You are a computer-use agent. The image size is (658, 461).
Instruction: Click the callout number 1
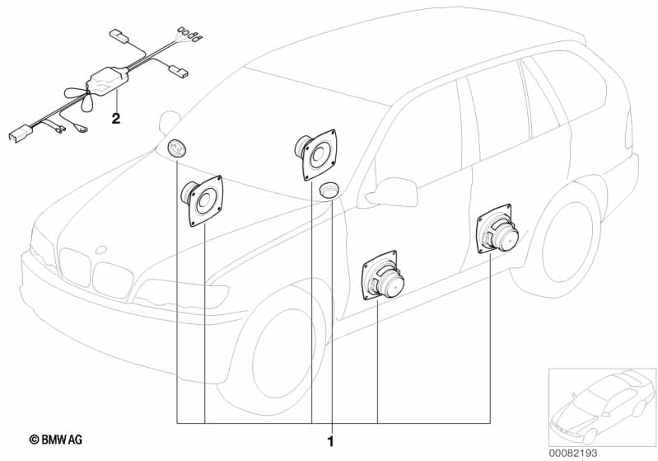coord(331,442)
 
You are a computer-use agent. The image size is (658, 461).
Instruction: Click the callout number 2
coord(116,119)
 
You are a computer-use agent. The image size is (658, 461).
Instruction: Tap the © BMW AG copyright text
coord(56,440)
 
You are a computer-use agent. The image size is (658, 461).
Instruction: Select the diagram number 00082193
coord(573,453)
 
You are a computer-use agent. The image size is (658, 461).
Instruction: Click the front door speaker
coord(382,275)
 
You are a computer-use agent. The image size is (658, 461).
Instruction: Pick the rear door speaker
coord(497,229)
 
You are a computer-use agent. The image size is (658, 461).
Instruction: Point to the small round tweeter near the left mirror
coord(177,148)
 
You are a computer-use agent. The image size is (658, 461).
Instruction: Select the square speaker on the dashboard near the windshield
coord(316,155)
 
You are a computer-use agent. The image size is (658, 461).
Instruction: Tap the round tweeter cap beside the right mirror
coord(329,190)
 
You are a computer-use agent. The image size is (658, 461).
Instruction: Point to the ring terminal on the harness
coord(82,130)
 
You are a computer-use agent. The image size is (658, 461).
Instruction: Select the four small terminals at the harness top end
coord(190,35)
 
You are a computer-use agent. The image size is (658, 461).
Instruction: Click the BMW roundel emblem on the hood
coord(101,250)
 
